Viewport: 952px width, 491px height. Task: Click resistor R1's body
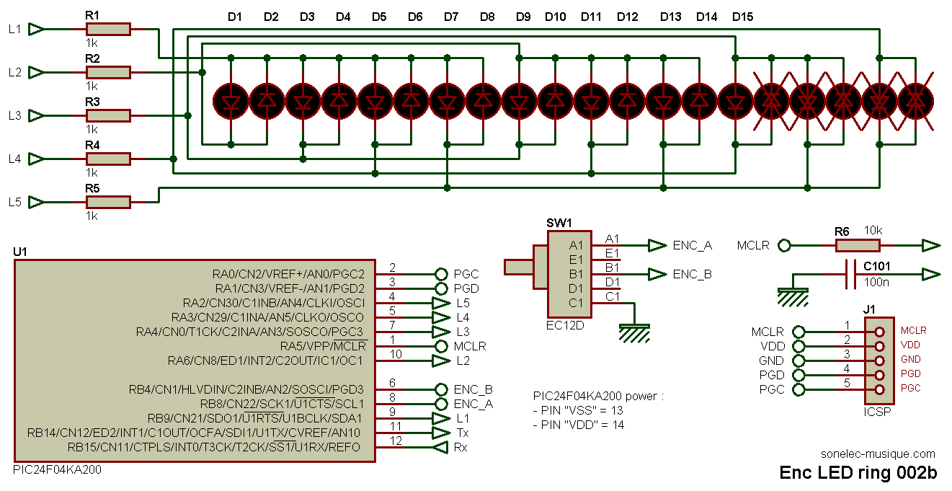108,29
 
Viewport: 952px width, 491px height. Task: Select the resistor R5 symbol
108,202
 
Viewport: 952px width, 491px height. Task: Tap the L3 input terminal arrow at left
36,115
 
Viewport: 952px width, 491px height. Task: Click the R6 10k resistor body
858,245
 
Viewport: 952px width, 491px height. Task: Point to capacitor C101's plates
851,274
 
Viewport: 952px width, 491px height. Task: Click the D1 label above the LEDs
235,17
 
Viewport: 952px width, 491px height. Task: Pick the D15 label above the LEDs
742,17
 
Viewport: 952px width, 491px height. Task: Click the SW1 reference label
559,223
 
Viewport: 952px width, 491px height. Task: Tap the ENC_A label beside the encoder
693,245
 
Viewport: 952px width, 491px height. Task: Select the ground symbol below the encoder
634,333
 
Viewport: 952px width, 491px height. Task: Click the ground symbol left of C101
793,297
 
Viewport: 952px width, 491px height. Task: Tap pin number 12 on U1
396,441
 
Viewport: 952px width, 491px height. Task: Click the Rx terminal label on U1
461,447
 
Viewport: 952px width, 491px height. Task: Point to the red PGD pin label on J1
911,373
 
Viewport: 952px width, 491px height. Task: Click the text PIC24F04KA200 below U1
58,470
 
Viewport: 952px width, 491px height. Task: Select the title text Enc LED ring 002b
858,473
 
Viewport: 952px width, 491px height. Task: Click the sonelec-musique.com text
878,454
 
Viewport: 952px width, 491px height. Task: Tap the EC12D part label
565,325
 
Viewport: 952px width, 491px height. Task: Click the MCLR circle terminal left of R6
784,245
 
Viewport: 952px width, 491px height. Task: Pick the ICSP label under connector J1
877,412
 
